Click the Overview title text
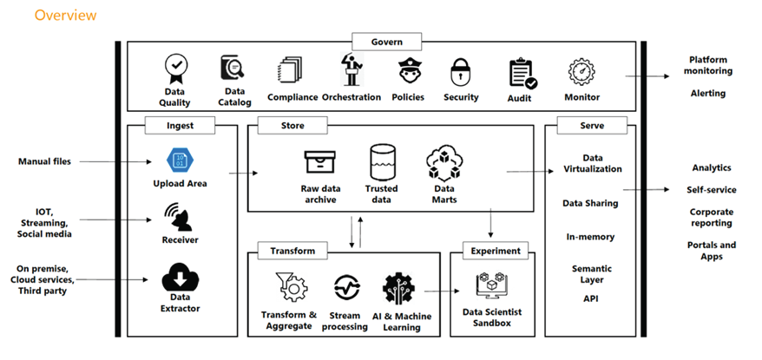[65, 16]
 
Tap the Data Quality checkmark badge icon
[176, 68]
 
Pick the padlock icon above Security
[461, 72]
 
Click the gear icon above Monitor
[581, 71]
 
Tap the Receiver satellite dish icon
[178, 214]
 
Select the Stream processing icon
[345, 288]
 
